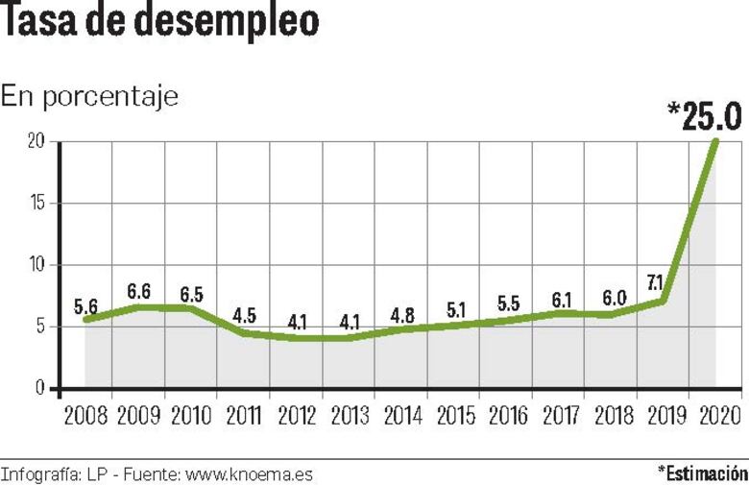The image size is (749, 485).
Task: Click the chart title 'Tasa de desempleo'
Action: tap(159, 23)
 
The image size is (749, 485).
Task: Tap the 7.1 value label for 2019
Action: tap(656, 282)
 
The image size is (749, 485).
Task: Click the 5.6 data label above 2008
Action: tap(86, 306)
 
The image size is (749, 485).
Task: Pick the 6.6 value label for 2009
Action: tap(139, 291)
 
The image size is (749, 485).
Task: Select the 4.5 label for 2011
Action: tap(244, 316)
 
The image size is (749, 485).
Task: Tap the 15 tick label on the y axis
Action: tap(37, 204)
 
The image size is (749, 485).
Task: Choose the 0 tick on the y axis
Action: tap(40, 388)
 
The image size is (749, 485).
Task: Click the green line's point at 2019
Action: tap(663, 302)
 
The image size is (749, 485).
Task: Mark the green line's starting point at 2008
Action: tap(86, 320)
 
